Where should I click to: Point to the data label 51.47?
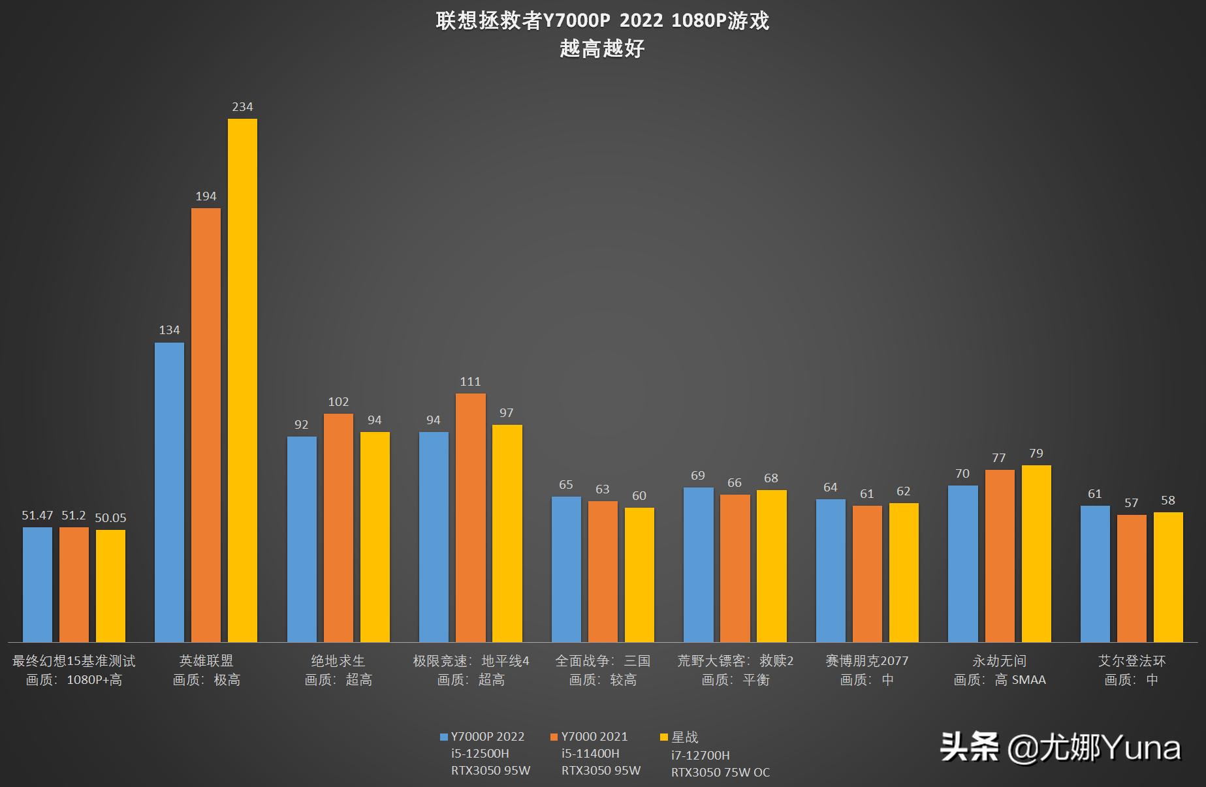click(x=37, y=516)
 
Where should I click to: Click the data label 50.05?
click(x=110, y=518)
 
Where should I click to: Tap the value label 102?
click(x=338, y=402)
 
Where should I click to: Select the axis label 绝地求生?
click(x=338, y=661)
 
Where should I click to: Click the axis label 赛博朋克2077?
click(x=866, y=661)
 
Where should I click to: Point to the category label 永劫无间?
click(x=999, y=661)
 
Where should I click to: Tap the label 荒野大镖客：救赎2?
click(x=735, y=661)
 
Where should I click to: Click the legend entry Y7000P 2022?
click(x=487, y=737)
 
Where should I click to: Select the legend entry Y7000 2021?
click(x=594, y=737)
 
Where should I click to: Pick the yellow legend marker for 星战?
click(x=664, y=737)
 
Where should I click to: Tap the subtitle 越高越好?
click(x=602, y=49)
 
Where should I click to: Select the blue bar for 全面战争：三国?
click(x=566, y=570)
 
